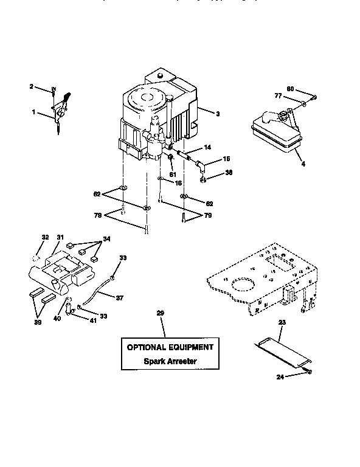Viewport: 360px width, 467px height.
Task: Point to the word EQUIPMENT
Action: click(x=192, y=347)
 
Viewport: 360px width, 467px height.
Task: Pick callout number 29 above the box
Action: click(x=161, y=313)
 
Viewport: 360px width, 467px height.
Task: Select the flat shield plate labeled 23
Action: click(x=282, y=352)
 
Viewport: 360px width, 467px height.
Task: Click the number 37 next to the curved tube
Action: click(x=119, y=297)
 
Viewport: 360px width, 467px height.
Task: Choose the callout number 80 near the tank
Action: click(x=291, y=90)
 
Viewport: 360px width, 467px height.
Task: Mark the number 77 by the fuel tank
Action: click(x=277, y=95)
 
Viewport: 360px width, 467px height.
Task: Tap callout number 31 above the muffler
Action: click(x=60, y=237)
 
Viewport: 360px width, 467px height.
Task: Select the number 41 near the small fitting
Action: click(x=93, y=320)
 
